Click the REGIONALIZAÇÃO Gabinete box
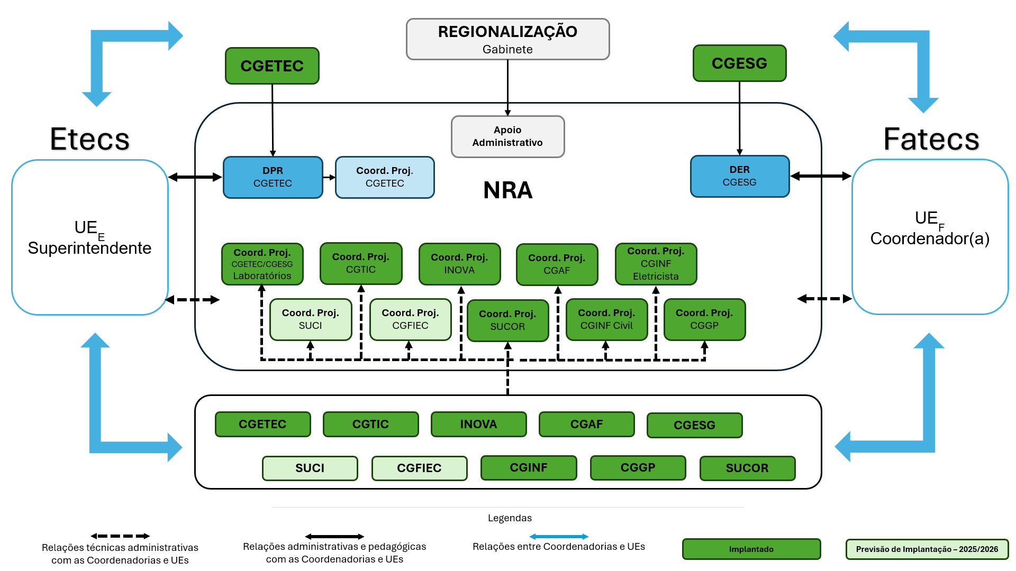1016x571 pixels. (507, 39)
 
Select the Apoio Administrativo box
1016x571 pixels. (507, 136)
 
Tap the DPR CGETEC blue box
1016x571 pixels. (273, 177)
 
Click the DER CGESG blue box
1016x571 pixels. (739, 176)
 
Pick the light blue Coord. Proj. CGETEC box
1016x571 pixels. (385, 177)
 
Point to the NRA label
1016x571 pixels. (507, 190)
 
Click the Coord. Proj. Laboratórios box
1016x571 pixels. (262, 264)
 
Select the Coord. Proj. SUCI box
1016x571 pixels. (310, 319)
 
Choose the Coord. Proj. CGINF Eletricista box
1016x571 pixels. (656, 264)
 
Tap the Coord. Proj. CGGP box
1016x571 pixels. (704, 319)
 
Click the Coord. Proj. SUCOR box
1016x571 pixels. (507, 320)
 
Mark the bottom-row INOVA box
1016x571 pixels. (478, 424)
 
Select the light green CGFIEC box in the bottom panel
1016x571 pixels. (419, 468)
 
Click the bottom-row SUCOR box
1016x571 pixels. (747, 468)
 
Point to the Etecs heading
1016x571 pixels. (89, 139)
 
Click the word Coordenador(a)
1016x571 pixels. (930, 239)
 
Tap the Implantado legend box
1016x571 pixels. (751, 549)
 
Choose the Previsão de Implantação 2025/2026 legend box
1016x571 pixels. (927, 549)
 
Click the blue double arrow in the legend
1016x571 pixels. (559, 537)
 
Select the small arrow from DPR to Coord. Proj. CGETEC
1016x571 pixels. (329, 177)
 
